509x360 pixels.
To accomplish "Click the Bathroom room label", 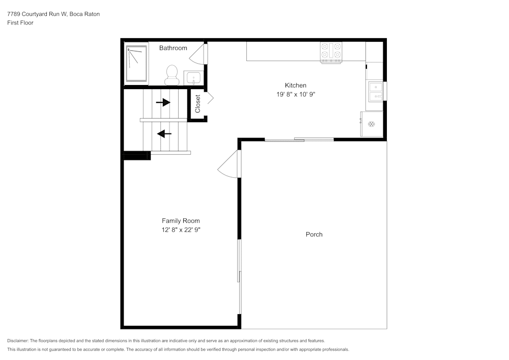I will pos(173,48).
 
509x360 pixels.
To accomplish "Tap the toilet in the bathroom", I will pos(171,75).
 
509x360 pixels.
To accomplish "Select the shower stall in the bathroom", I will pos(136,64).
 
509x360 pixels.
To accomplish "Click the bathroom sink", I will pos(193,78).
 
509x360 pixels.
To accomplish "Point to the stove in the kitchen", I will pos(331,52).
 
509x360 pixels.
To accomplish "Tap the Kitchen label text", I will pos(295,86).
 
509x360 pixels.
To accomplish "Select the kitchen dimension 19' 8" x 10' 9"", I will pos(295,94).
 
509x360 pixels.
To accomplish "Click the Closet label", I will pos(198,104).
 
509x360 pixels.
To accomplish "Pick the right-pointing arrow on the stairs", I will pos(163,102).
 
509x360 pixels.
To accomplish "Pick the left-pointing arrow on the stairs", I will pos(164,134).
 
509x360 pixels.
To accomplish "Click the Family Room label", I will pos(181,221).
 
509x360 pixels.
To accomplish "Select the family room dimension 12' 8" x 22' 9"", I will pos(181,230).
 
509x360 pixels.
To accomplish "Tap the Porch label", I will pos(314,235).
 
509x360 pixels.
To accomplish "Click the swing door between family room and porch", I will pos(228,165).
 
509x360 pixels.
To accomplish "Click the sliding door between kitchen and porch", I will pos(299,139).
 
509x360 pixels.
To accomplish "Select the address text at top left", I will pos(53,14).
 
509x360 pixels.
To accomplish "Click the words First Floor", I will pos(20,23).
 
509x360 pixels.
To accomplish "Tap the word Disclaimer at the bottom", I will pos(18,341).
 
